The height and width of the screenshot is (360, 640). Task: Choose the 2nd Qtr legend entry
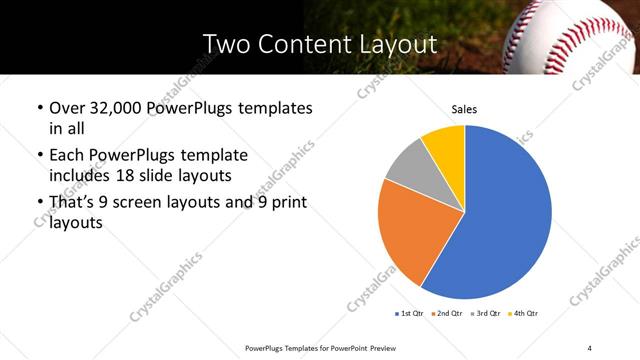click(447, 314)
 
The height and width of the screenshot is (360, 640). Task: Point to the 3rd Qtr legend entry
click(486, 314)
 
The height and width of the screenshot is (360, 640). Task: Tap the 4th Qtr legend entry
click(525, 314)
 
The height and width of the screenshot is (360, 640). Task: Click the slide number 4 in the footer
click(590, 347)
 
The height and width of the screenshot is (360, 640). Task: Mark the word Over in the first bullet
click(66, 108)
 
